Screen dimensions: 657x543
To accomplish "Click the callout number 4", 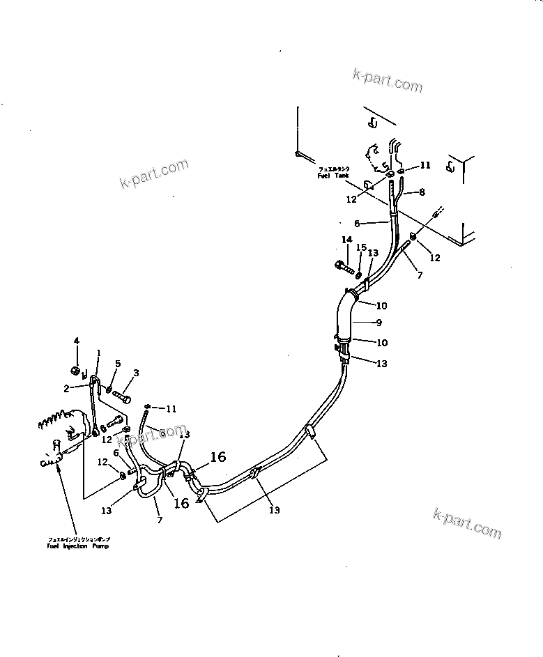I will pos(77,341).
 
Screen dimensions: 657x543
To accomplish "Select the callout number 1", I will pos(98,353).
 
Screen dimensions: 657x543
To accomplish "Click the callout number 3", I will pos(136,373).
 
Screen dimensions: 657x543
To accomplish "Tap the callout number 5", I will pos(118,364).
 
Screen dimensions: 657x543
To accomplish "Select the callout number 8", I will pos(420,191).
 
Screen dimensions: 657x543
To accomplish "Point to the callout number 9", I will pos(379,323).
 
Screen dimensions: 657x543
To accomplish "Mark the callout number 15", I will pos(360,247).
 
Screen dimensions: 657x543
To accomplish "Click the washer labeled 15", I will pos(358,271).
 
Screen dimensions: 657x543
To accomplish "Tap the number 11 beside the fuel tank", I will pos(425,165).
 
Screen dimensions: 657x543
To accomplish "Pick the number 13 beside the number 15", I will pos(373,253).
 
